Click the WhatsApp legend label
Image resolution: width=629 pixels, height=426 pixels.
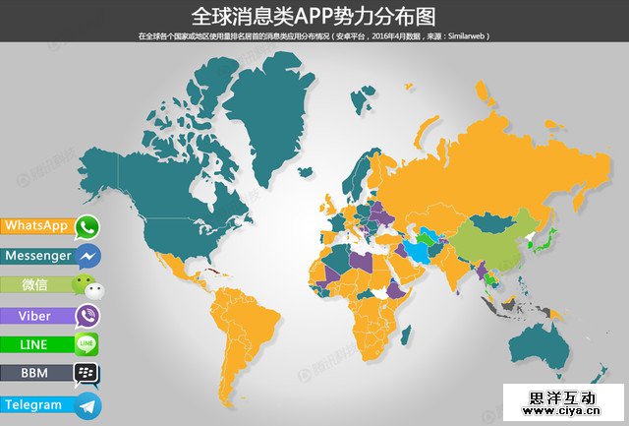point(36,226)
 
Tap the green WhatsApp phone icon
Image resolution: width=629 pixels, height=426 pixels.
point(88,227)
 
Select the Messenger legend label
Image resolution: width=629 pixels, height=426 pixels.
point(38,256)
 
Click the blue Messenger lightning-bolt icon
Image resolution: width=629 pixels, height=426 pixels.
point(88,257)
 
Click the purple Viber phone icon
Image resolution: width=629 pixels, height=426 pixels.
point(88,316)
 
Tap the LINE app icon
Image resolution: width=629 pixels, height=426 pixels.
point(86,344)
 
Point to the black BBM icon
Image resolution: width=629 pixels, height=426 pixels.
point(87,375)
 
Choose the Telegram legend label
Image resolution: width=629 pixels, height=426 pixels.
point(33,404)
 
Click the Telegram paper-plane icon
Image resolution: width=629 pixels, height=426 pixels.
point(88,404)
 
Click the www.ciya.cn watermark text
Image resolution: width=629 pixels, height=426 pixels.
point(561,412)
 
